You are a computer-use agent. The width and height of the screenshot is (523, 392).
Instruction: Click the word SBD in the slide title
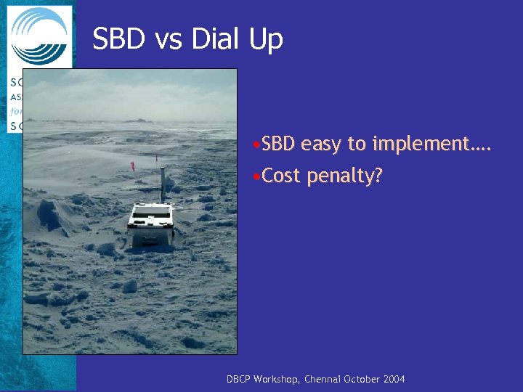click(118, 39)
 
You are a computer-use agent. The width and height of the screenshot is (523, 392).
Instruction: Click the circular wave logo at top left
click(39, 36)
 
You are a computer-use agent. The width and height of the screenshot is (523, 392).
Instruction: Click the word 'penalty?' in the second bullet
click(344, 176)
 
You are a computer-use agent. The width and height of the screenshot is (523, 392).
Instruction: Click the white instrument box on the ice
click(151, 222)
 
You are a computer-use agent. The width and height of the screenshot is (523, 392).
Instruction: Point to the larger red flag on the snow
click(132, 166)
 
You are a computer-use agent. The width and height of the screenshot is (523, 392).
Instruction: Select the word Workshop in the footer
click(279, 379)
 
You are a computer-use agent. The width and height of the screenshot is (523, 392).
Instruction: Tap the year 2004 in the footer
click(394, 379)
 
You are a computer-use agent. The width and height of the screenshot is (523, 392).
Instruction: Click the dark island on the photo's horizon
click(137, 120)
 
